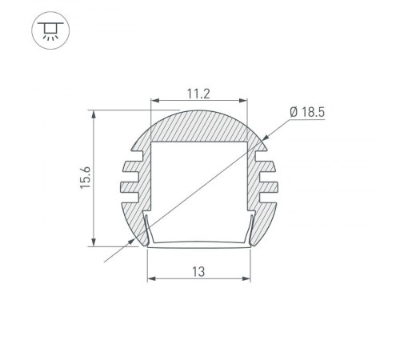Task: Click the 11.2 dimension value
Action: tap(200, 93)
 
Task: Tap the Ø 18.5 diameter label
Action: tap(306, 112)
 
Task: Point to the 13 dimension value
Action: tap(199, 272)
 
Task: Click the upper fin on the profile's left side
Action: tap(130, 169)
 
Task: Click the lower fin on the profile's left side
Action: tap(130, 188)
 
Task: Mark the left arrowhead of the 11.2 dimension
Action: tap(155, 102)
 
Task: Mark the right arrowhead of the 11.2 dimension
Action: tap(243, 102)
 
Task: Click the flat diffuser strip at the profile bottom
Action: tap(200, 246)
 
